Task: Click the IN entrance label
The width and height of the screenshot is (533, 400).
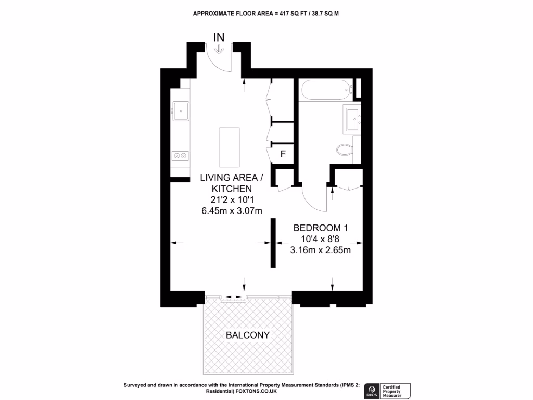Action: click(x=219, y=37)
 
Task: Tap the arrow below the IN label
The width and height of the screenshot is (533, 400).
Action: click(x=219, y=49)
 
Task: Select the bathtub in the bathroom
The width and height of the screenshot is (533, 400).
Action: click(x=325, y=91)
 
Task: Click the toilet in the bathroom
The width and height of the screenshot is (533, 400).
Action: click(x=344, y=150)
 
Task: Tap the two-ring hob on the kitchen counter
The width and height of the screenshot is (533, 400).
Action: click(x=181, y=155)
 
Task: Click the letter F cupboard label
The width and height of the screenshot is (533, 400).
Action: click(x=283, y=154)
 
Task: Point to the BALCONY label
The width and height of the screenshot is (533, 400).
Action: click(x=248, y=335)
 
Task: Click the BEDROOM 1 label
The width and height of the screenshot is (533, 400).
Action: click(x=320, y=228)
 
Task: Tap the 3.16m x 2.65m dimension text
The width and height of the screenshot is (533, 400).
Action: click(x=320, y=250)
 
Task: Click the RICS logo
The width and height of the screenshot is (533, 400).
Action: click(x=372, y=390)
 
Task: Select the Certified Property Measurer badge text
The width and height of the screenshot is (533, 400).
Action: click(x=396, y=390)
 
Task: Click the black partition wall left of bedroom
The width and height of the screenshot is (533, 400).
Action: click(x=273, y=243)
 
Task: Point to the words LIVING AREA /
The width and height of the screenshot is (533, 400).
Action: click(x=232, y=178)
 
